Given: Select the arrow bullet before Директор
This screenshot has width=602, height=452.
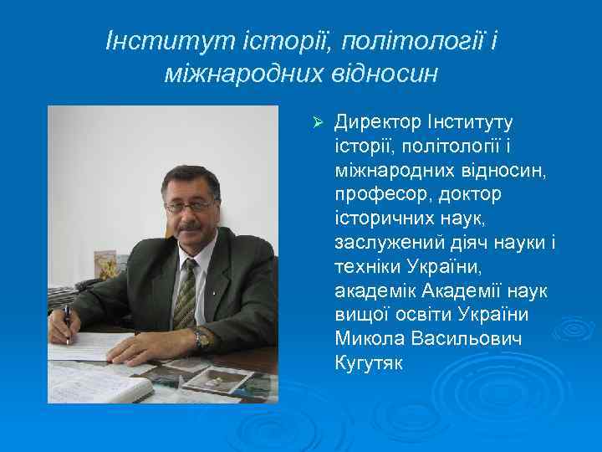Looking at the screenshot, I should [x=317, y=124].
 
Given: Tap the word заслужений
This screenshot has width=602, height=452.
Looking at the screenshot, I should [x=384, y=242].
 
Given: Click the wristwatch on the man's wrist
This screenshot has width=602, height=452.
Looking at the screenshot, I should [x=202, y=338].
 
